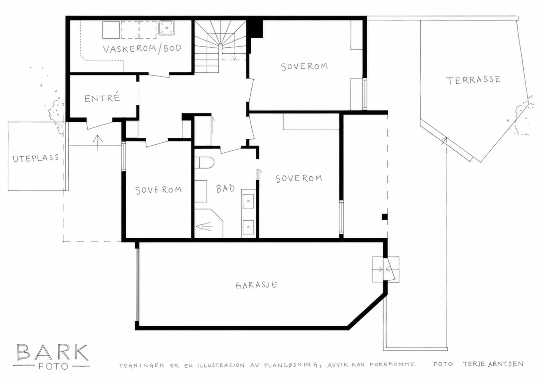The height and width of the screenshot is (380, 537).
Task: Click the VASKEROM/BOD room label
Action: (x=142, y=48)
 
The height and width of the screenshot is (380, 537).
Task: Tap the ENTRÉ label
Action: (x=102, y=98)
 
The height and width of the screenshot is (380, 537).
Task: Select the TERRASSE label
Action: (x=473, y=80)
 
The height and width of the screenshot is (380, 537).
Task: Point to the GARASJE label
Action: (x=256, y=285)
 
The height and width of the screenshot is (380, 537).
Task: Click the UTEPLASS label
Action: (x=36, y=158)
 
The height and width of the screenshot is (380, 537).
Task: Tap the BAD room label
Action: (x=225, y=189)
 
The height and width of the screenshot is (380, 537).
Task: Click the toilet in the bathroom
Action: (x=204, y=162)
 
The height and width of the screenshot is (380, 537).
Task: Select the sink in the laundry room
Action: (x=166, y=28)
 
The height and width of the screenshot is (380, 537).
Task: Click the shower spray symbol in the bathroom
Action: (x=204, y=226)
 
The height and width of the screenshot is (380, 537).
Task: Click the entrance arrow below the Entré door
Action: (x=97, y=143)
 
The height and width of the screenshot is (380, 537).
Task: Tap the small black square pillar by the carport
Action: (x=385, y=217)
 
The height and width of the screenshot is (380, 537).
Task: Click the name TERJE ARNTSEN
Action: (x=493, y=364)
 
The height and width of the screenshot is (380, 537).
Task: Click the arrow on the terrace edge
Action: (x=444, y=141)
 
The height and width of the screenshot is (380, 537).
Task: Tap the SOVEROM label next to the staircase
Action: (x=304, y=66)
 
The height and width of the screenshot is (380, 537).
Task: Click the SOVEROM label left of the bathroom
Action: (x=158, y=190)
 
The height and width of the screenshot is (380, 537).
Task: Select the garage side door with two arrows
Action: (x=386, y=269)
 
